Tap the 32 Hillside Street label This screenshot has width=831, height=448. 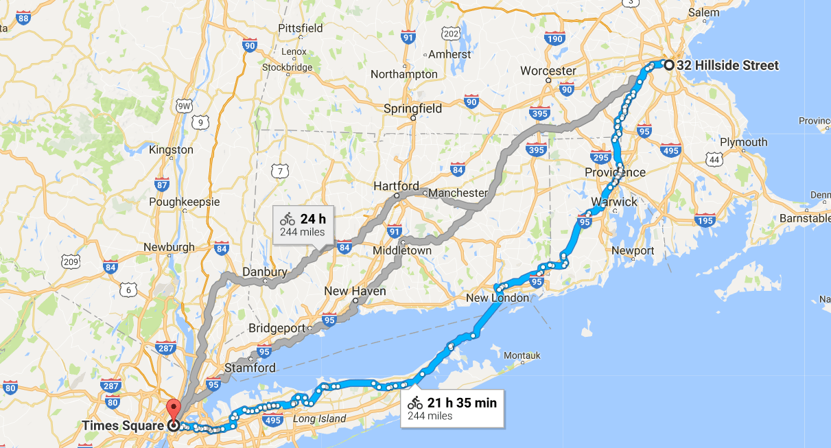tap(727, 66)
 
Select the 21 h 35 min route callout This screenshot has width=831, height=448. tap(451, 408)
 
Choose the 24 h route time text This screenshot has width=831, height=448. tap(312, 220)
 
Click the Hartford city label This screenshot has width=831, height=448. tap(396, 186)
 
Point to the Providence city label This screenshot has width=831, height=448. tap(615, 172)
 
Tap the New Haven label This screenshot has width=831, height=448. tap(355, 291)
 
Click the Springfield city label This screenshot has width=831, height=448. tap(412, 108)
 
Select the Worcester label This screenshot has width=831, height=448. tap(548, 71)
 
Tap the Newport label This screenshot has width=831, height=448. tap(633, 250)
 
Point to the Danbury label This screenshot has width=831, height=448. tap(265, 272)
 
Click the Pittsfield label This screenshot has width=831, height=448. tap(300, 28)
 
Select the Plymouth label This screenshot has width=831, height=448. tap(743, 142)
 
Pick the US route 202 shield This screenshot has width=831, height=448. tap(450, 34)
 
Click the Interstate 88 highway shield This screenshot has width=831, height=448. tap(23, 18)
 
